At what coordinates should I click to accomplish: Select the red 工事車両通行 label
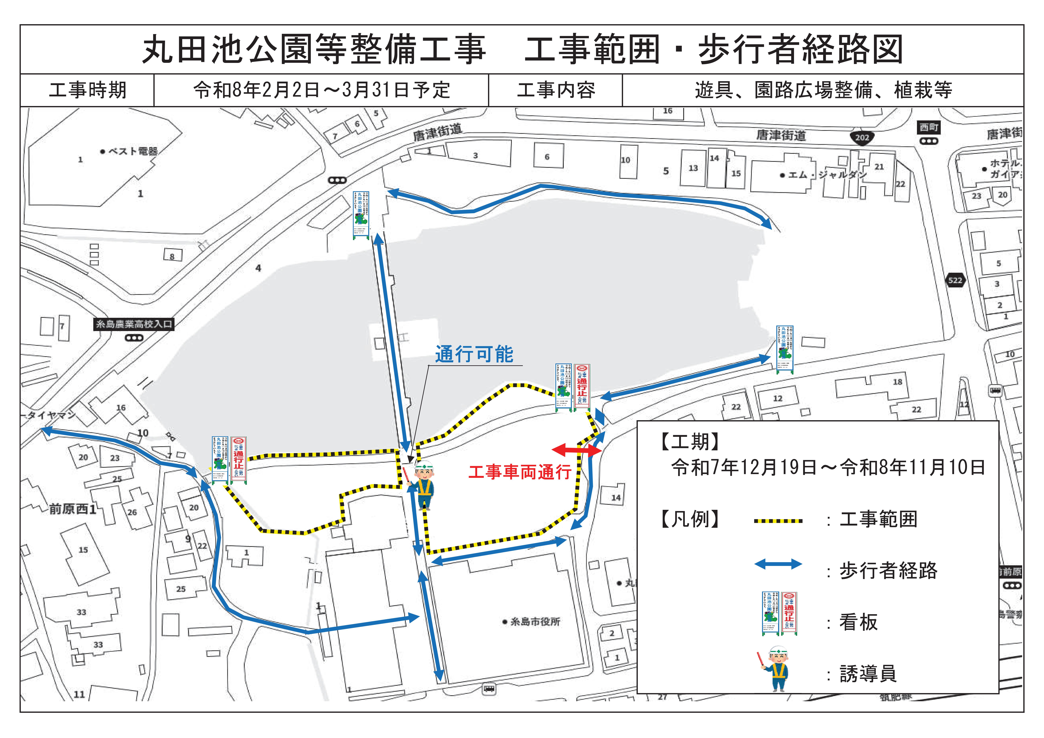pos(520,472)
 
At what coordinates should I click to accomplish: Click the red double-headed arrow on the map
pos(577,450)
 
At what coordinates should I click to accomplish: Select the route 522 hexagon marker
pos(955,280)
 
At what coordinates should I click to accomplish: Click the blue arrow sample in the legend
pos(778,565)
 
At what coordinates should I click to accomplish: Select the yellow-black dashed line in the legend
pos(778,521)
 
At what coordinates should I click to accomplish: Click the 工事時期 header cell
pos(87,90)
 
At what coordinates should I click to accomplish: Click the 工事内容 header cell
pos(556,90)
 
